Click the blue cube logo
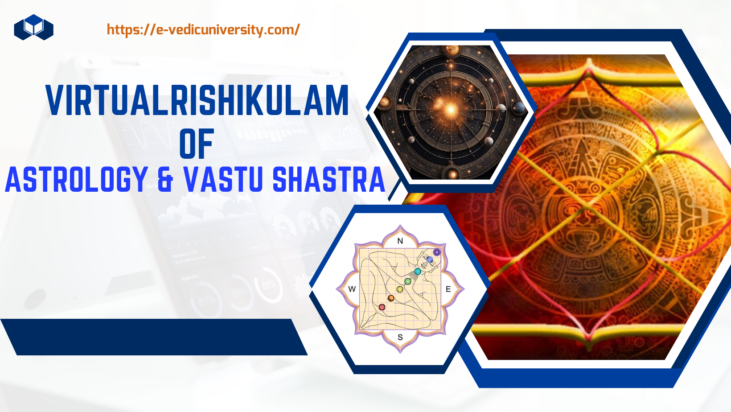[x=33, y=28]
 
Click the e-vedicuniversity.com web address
[x=203, y=30]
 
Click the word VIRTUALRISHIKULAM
[x=197, y=100]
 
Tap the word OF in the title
[x=197, y=144]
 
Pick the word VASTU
[x=223, y=179]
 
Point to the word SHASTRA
[x=329, y=179]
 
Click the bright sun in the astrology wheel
[x=451, y=109]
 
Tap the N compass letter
[x=400, y=241]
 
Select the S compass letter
[x=400, y=338]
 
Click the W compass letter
[x=352, y=289]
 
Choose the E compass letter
[x=448, y=289]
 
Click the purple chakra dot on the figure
[x=437, y=252]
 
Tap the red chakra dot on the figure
[x=382, y=307]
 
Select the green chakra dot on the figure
[x=407, y=281]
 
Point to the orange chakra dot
[x=391, y=298]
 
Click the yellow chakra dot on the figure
[x=400, y=289]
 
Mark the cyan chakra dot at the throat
[x=417, y=272]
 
